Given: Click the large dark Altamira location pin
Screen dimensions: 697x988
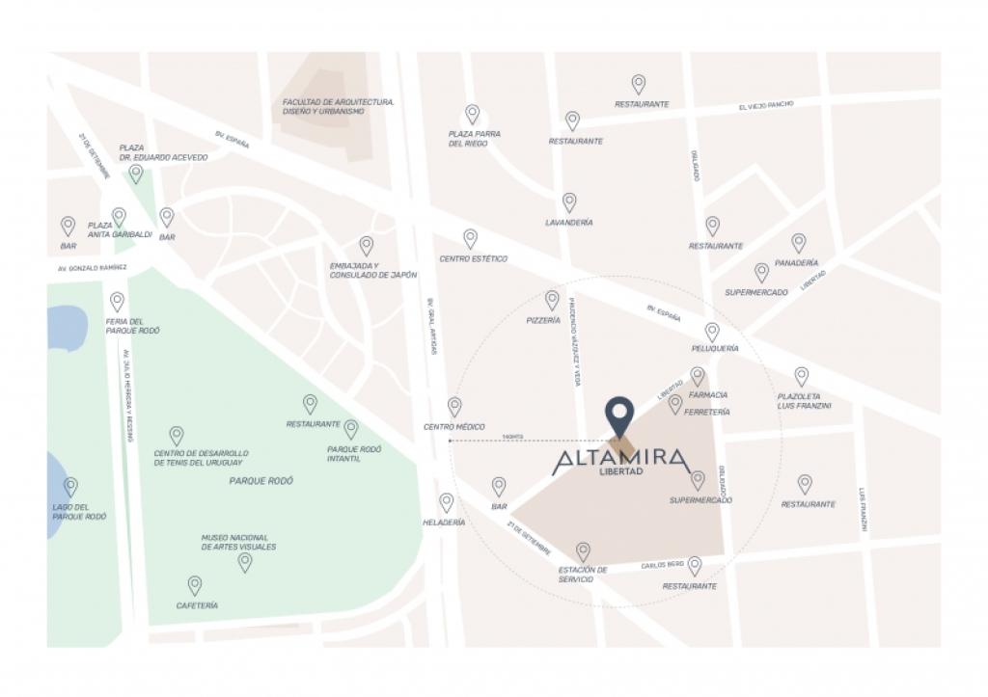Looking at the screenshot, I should pos(618,415).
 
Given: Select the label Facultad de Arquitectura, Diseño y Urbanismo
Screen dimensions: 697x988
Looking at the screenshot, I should pos(338,106).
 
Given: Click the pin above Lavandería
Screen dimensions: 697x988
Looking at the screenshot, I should pos(569,201).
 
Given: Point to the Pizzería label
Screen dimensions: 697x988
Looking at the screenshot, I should pos(543,320).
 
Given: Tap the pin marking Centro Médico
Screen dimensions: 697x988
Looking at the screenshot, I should pos(454,406).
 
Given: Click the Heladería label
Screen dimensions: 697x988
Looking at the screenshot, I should pos(444,523).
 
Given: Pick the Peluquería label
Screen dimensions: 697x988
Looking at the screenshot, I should pos(715,348).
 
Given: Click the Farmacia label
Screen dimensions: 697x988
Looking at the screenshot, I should pos(709,395).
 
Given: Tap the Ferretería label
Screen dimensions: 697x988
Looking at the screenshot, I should pos(706,412).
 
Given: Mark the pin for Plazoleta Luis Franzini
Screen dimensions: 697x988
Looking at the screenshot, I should pos(801,376).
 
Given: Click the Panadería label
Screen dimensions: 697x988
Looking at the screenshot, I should pos(796,262).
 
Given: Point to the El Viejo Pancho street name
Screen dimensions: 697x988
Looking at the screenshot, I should pos(766,105).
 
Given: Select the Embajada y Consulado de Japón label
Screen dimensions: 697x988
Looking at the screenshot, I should pos(373,270).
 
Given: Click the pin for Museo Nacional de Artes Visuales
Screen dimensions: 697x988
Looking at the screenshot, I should pos(245,561).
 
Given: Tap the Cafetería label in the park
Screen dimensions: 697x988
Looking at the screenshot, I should pos(197,605).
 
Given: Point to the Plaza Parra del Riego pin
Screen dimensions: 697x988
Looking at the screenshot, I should pos(472,114).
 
